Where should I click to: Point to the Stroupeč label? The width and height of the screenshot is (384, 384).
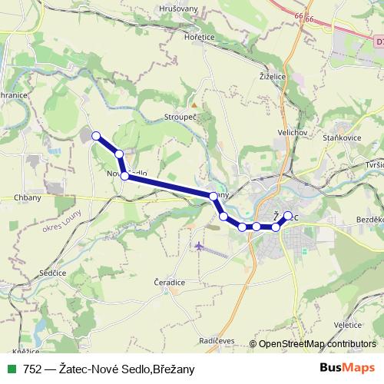tap(182, 118)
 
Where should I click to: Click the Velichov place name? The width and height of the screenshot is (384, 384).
tap(293, 132)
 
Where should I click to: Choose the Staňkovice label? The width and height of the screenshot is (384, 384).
tap(342, 136)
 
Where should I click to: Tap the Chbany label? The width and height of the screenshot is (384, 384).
tap(28, 197)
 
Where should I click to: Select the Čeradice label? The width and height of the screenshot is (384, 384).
tap(170, 283)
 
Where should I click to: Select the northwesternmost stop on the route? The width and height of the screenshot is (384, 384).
tap(96, 136)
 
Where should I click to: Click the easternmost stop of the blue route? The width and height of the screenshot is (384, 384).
tap(288, 216)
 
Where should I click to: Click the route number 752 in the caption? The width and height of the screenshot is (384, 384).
tap(32, 369)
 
